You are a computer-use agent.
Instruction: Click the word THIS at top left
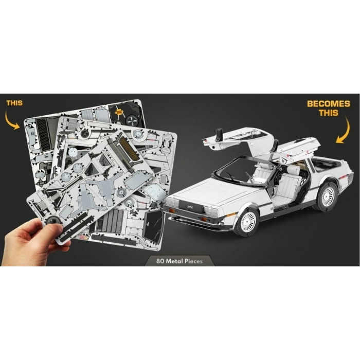[x=14, y=103]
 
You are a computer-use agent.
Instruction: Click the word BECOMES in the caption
[x=329, y=104]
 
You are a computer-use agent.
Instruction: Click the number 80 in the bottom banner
[x=162, y=261]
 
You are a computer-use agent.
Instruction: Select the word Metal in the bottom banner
[x=176, y=261]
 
